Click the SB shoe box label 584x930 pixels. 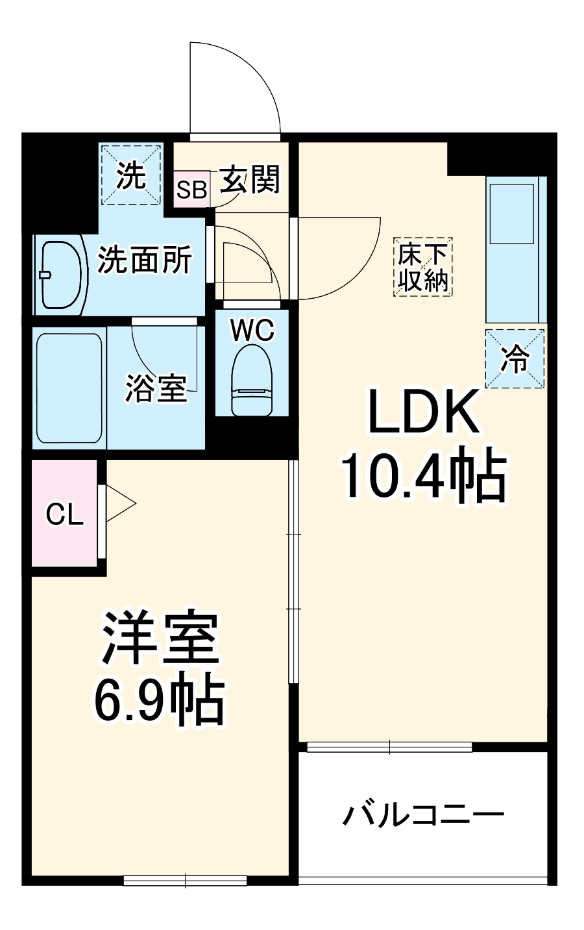[x=192, y=190]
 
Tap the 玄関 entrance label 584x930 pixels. [x=250, y=179]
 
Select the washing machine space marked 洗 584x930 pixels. [x=131, y=175]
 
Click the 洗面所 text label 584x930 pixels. [x=145, y=261]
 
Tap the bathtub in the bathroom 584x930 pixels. [x=69, y=387]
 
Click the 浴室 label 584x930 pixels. [x=156, y=388]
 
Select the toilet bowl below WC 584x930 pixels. [x=252, y=380]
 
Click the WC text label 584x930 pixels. [x=253, y=331]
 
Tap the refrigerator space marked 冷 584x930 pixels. [x=515, y=358]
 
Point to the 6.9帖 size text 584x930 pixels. [x=160, y=701]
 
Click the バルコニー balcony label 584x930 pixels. [x=423, y=814]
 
